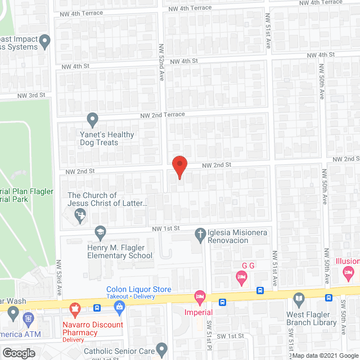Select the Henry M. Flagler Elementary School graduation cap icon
100,232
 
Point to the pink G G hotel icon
241,276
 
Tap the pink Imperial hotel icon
199,296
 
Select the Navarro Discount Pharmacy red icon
74,308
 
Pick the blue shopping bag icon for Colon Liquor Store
119,307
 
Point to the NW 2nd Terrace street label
163,114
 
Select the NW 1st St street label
165,228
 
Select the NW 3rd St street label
31,95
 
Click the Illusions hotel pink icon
348,272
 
